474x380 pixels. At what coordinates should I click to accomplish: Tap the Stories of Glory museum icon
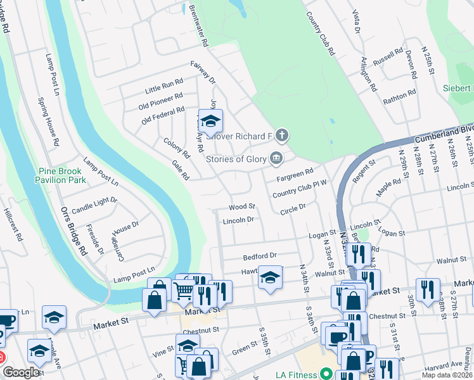[276, 158]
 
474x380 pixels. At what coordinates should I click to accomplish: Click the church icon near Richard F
[282, 135]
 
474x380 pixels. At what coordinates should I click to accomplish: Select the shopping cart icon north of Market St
[183, 291]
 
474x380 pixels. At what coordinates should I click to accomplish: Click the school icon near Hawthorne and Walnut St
[270, 278]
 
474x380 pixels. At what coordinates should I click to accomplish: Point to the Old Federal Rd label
[163, 113]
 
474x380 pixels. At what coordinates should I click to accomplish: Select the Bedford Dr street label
[260, 256]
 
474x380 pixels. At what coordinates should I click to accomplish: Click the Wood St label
[241, 206]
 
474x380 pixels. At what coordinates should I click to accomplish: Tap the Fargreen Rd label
[295, 172]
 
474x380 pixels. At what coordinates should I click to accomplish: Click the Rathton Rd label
[399, 96]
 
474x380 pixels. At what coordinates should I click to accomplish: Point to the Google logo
[22, 372]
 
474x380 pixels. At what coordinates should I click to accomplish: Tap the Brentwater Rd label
[197, 28]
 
